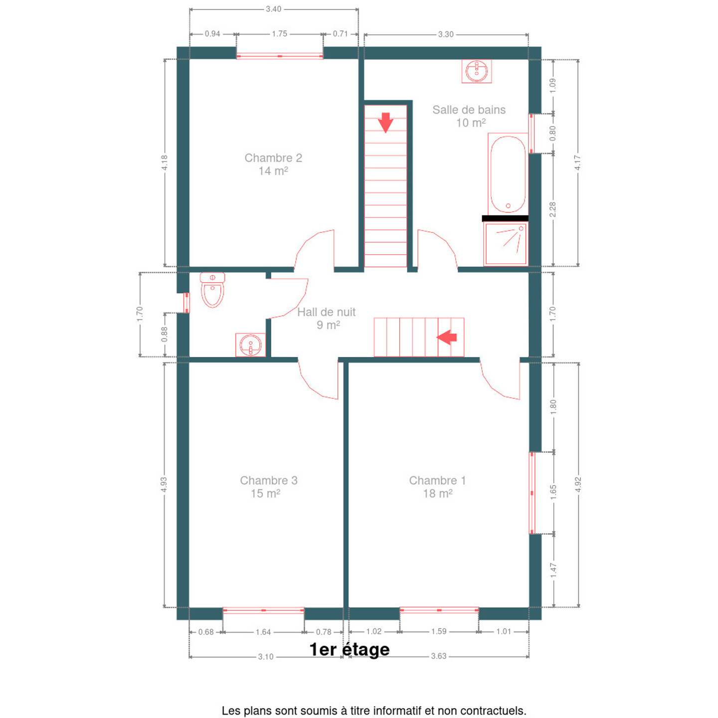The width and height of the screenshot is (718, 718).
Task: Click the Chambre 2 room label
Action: (273, 158)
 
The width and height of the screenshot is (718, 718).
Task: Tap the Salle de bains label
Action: (469, 110)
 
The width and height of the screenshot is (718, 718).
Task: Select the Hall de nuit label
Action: (326, 312)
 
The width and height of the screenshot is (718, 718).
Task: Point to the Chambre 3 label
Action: (269, 480)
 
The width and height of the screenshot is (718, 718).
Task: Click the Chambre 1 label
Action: (437, 480)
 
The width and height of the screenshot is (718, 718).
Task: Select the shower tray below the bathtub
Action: (506, 244)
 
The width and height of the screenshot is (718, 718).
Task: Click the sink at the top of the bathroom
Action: (477, 71)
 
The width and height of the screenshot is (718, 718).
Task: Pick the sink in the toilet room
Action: (250, 345)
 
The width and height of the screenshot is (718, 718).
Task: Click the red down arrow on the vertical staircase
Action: (385, 123)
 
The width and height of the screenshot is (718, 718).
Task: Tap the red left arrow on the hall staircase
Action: (446, 337)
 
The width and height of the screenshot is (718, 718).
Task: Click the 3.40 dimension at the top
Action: (274, 9)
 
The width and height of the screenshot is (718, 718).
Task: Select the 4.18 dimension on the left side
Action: (165, 163)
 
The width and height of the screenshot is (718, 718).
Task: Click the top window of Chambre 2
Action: (280, 56)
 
